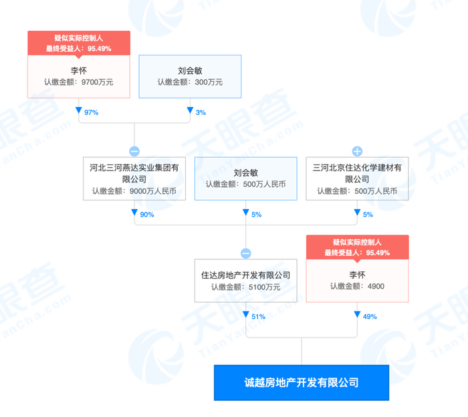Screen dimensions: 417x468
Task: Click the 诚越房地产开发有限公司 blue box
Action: pos(301,383)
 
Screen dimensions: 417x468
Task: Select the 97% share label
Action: pos(91,112)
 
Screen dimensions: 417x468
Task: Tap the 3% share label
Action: pos(200,112)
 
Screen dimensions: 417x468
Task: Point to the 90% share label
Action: pos(146,215)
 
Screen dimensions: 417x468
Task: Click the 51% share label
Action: pos(257,316)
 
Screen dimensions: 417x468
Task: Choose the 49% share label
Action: pos(368,316)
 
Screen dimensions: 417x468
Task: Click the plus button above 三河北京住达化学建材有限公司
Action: pos(356,151)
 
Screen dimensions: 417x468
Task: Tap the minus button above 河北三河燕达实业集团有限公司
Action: pos(134,151)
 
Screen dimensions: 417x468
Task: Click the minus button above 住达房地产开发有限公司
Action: pos(245,253)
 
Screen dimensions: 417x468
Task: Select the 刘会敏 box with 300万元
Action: pos(190,76)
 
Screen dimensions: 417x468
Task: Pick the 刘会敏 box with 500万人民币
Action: pos(245,178)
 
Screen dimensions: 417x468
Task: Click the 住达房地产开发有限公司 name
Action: pos(245,275)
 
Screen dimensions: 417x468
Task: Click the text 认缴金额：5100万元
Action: pos(245,287)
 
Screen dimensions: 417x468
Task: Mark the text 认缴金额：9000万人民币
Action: pos(134,191)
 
